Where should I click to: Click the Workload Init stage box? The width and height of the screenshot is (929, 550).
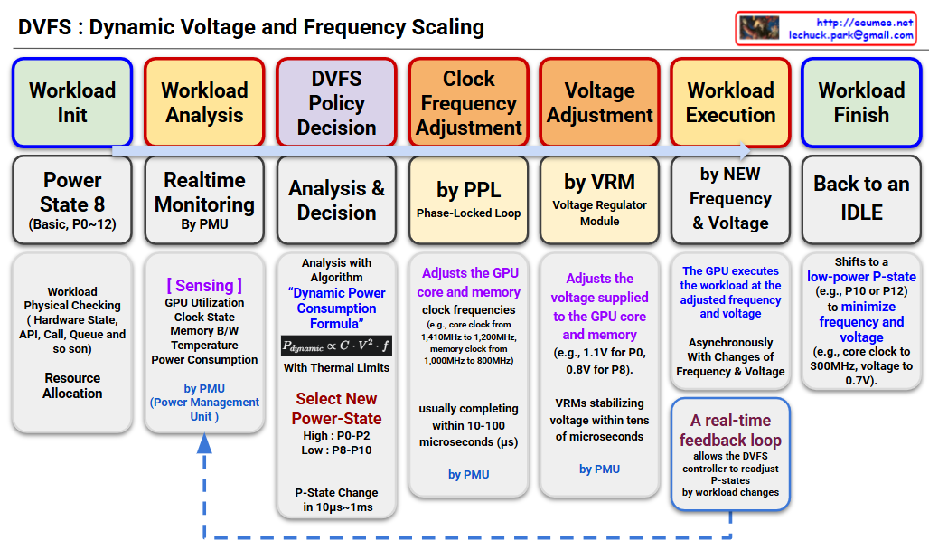coord(72,102)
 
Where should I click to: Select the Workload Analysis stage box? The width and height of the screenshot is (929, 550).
coord(204,102)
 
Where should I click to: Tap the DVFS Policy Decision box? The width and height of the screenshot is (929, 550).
coord(336,102)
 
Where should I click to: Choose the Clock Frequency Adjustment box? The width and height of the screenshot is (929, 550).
coord(468,102)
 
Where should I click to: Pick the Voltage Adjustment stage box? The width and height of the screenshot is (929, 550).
coord(599,102)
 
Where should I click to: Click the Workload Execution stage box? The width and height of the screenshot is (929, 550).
coord(731,102)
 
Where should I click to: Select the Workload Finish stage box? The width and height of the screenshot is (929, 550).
coord(861,102)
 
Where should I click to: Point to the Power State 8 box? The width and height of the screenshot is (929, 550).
coord(72,200)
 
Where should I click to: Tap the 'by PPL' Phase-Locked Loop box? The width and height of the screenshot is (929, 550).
coord(468,200)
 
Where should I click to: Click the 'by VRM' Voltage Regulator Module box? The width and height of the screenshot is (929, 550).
coord(599,200)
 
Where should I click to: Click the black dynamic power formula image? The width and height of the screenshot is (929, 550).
coord(336,346)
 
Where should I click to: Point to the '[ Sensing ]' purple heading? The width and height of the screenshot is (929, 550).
coord(204,286)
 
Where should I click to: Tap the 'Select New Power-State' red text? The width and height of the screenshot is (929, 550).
coord(336,409)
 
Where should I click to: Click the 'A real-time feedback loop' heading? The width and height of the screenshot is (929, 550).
coord(730,431)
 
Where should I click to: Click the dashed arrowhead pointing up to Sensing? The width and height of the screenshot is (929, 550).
coord(204,443)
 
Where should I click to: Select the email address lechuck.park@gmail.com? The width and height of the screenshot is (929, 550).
coord(850,35)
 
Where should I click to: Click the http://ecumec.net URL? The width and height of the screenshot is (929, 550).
coord(864,23)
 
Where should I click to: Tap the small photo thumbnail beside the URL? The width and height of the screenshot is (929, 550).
coord(759,28)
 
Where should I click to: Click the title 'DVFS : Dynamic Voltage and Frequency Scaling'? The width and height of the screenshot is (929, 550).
coord(251,27)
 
